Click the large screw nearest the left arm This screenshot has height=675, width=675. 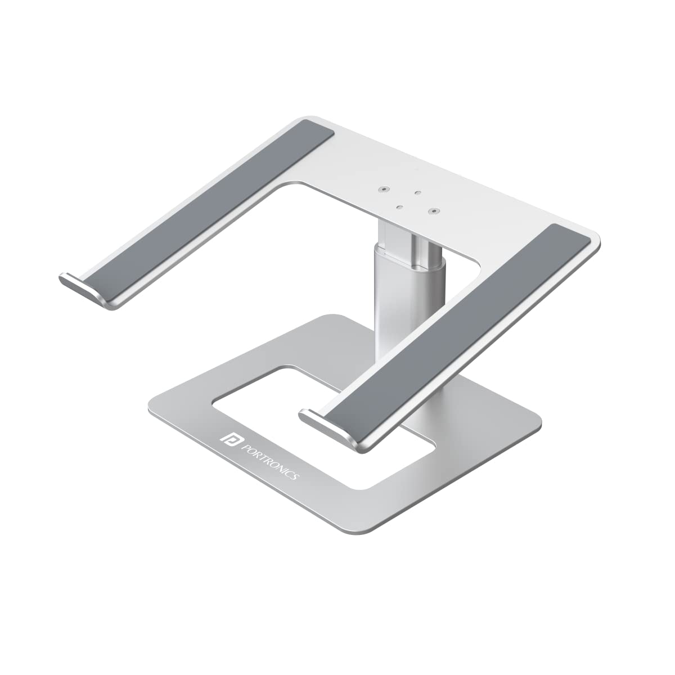tap(384, 190)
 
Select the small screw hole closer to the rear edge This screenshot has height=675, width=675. tap(417, 192)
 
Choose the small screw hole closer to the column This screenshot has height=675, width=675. tap(399, 207)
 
